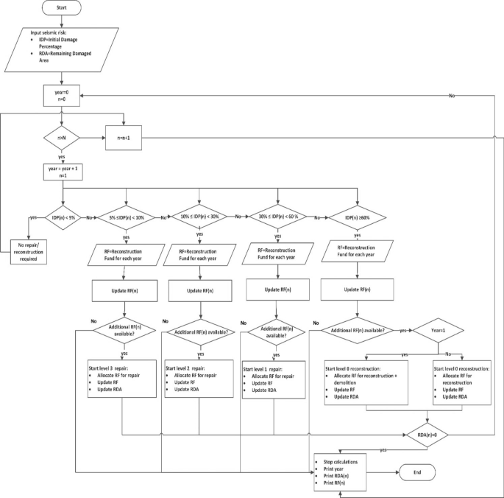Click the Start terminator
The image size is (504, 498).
[x=63, y=10]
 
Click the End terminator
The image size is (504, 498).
[x=418, y=472]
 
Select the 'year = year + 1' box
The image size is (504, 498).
[x=63, y=173]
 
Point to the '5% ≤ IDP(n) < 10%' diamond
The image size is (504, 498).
[x=126, y=218]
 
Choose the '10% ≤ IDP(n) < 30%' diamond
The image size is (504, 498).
[x=199, y=218]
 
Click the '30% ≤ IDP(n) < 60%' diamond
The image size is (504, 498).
[x=277, y=218]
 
